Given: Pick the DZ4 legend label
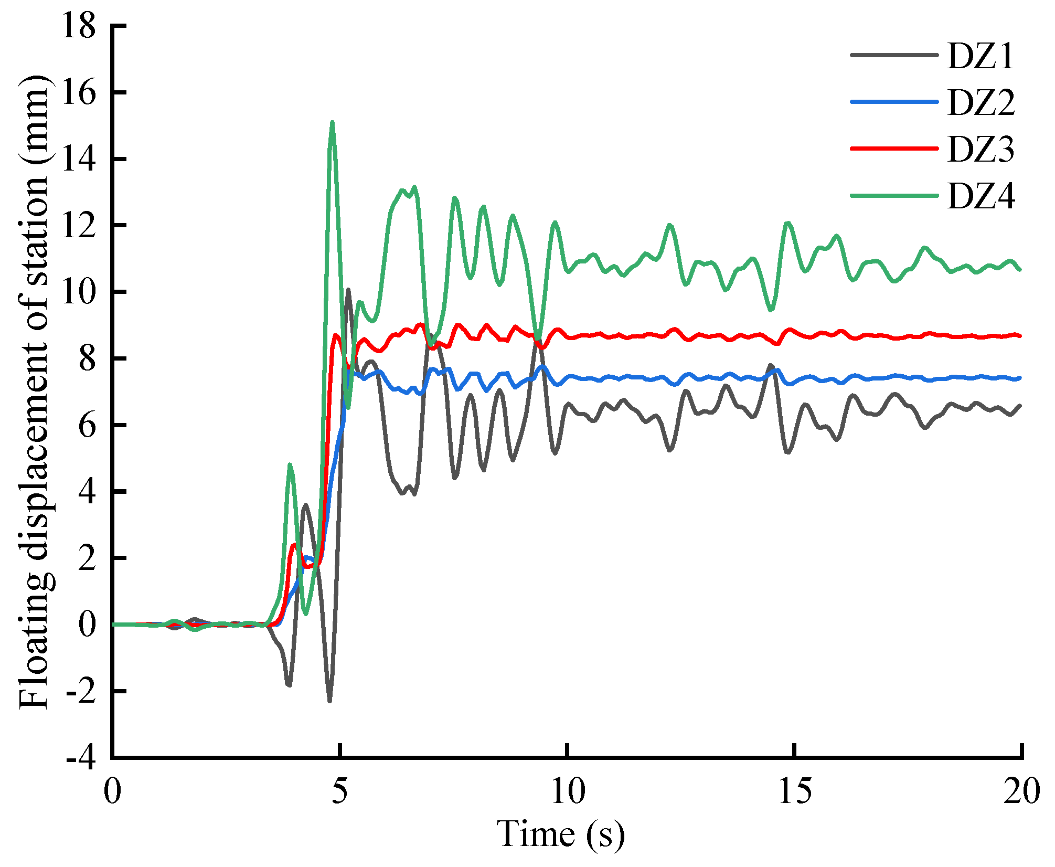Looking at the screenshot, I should [981, 196].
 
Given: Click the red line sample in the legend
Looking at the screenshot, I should [894, 149].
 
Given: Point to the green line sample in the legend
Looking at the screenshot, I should [894, 195].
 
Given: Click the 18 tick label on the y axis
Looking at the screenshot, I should [79, 25].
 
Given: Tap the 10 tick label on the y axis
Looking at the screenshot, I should [79, 292].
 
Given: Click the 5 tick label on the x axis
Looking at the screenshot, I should [340, 790].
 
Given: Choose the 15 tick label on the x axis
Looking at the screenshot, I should [795, 790].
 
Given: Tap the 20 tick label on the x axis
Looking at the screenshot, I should [1021, 790].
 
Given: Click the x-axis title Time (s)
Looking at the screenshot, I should [561, 833].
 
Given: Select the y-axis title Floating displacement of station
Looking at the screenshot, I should [34, 391].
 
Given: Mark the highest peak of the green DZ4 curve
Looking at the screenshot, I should [332, 122].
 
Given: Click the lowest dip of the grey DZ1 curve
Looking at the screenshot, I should [329, 701].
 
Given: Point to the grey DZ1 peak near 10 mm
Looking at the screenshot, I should [348, 289].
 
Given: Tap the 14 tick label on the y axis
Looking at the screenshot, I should [79, 158].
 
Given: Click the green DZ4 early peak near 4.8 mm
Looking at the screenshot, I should [290, 464].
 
